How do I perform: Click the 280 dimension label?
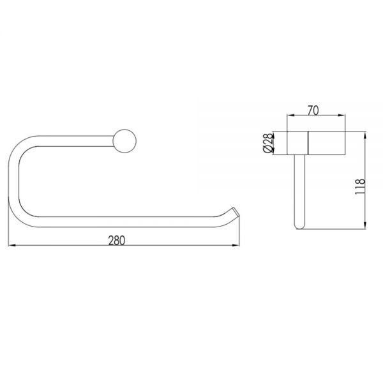(x=117, y=241)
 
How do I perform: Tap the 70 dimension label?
(x=313, y=110)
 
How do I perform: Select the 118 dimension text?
(x=360, y=186)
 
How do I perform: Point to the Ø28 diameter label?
(x=268, y=143)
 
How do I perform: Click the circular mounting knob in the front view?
(x=124, y=141)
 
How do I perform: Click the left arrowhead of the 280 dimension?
(x=11, y=245)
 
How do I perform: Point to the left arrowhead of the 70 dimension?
(x=290, y=115)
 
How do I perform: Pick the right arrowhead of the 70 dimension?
(x=342, y=115)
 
